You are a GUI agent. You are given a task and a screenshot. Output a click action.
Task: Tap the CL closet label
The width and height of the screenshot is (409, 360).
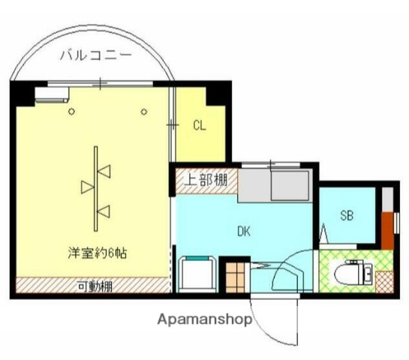(x=199, y=125)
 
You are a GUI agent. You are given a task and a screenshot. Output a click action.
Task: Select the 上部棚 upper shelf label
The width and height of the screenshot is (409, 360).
(x=206, y=179)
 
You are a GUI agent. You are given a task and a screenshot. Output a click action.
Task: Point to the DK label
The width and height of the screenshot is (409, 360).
(x=245, y=232)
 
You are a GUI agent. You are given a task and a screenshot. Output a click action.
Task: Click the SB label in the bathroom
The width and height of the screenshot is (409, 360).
(x=347, y=216)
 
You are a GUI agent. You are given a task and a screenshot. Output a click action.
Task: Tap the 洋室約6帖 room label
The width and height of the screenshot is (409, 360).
(x=94, y=253)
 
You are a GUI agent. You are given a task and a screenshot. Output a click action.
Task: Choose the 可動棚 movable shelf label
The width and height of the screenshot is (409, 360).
(x=94, y=285)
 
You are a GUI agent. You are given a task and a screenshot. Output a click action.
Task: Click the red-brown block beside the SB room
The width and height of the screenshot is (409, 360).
(x=386, y=229)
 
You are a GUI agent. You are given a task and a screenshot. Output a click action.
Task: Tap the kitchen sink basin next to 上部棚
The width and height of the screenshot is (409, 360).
(x=290, y=184)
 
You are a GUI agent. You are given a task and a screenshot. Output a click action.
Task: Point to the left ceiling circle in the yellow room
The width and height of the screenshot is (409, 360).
(x=71, y=112)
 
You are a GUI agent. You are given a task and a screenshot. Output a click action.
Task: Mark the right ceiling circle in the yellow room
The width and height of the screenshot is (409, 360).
(x=143, y=112)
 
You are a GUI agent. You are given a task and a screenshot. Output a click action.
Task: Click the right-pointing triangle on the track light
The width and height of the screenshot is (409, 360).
(x=87, y=184)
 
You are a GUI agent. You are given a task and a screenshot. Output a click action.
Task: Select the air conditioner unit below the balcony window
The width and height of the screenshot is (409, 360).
(x=51, y=95)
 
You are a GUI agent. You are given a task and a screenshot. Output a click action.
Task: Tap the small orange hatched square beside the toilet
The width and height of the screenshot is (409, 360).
(x=384, y=282)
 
